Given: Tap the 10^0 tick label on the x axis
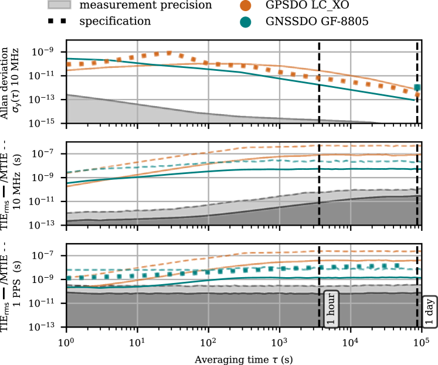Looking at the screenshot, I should pos(66,341).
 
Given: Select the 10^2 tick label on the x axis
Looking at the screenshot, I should pos(208,341).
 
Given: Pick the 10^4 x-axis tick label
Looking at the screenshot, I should pos(350,341).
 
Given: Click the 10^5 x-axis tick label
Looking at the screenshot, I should pos(420,341).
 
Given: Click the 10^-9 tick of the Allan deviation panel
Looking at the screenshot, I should pos(49,52).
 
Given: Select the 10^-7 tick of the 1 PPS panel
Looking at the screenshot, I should pos(49,255).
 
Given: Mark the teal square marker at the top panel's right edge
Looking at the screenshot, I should pos(417,87).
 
